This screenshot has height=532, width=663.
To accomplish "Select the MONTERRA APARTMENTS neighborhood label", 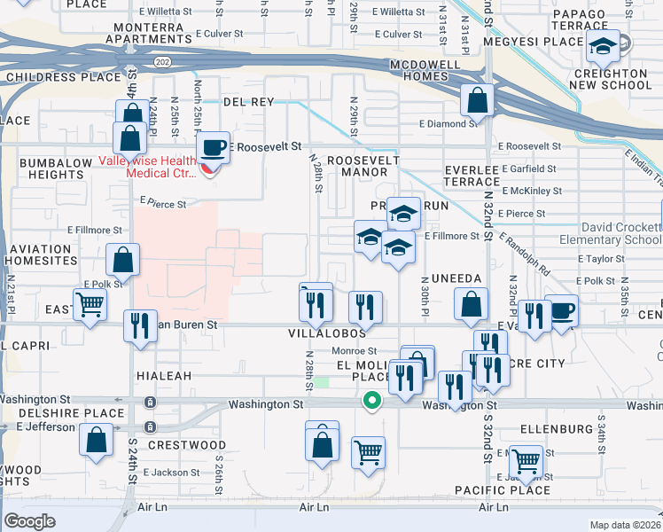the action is [160, 34].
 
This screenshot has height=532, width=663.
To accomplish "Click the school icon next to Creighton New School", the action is [604, 46].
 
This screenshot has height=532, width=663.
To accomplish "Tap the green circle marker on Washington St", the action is [372, 402].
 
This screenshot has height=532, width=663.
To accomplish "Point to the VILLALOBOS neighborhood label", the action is [327, 333].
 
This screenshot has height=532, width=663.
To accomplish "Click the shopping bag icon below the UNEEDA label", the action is [472, 306].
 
